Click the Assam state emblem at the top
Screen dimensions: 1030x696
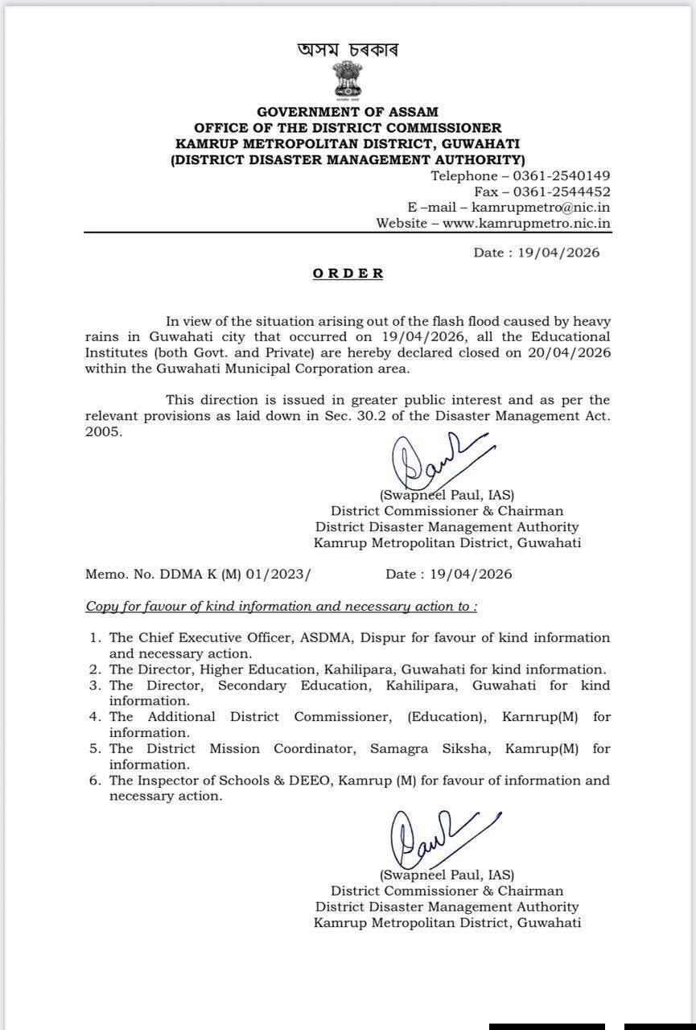[x=348, y=81]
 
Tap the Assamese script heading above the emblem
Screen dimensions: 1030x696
[x=348, y=50]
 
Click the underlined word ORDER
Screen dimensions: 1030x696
[x=348, y=274]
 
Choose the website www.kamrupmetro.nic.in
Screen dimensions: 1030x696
[x=526, y=223]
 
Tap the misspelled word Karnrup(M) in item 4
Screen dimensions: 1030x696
[x=540, y=716]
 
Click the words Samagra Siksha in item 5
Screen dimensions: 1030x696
[x=431, y=748]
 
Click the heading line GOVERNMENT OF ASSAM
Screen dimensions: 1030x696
[x=348, y=112]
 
